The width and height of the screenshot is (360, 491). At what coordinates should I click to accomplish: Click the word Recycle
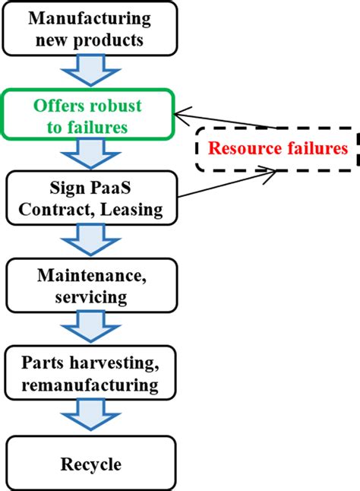pyautogui.click(x=90, y=463)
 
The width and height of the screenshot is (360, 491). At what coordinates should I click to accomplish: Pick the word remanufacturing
pyautogui.click(x=90, y=385)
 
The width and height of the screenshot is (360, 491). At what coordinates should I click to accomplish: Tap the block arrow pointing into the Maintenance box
pyautogui.click(x=90, y=242)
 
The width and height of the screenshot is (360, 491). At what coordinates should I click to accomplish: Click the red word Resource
pyautogui.click(x=244, y=148)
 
